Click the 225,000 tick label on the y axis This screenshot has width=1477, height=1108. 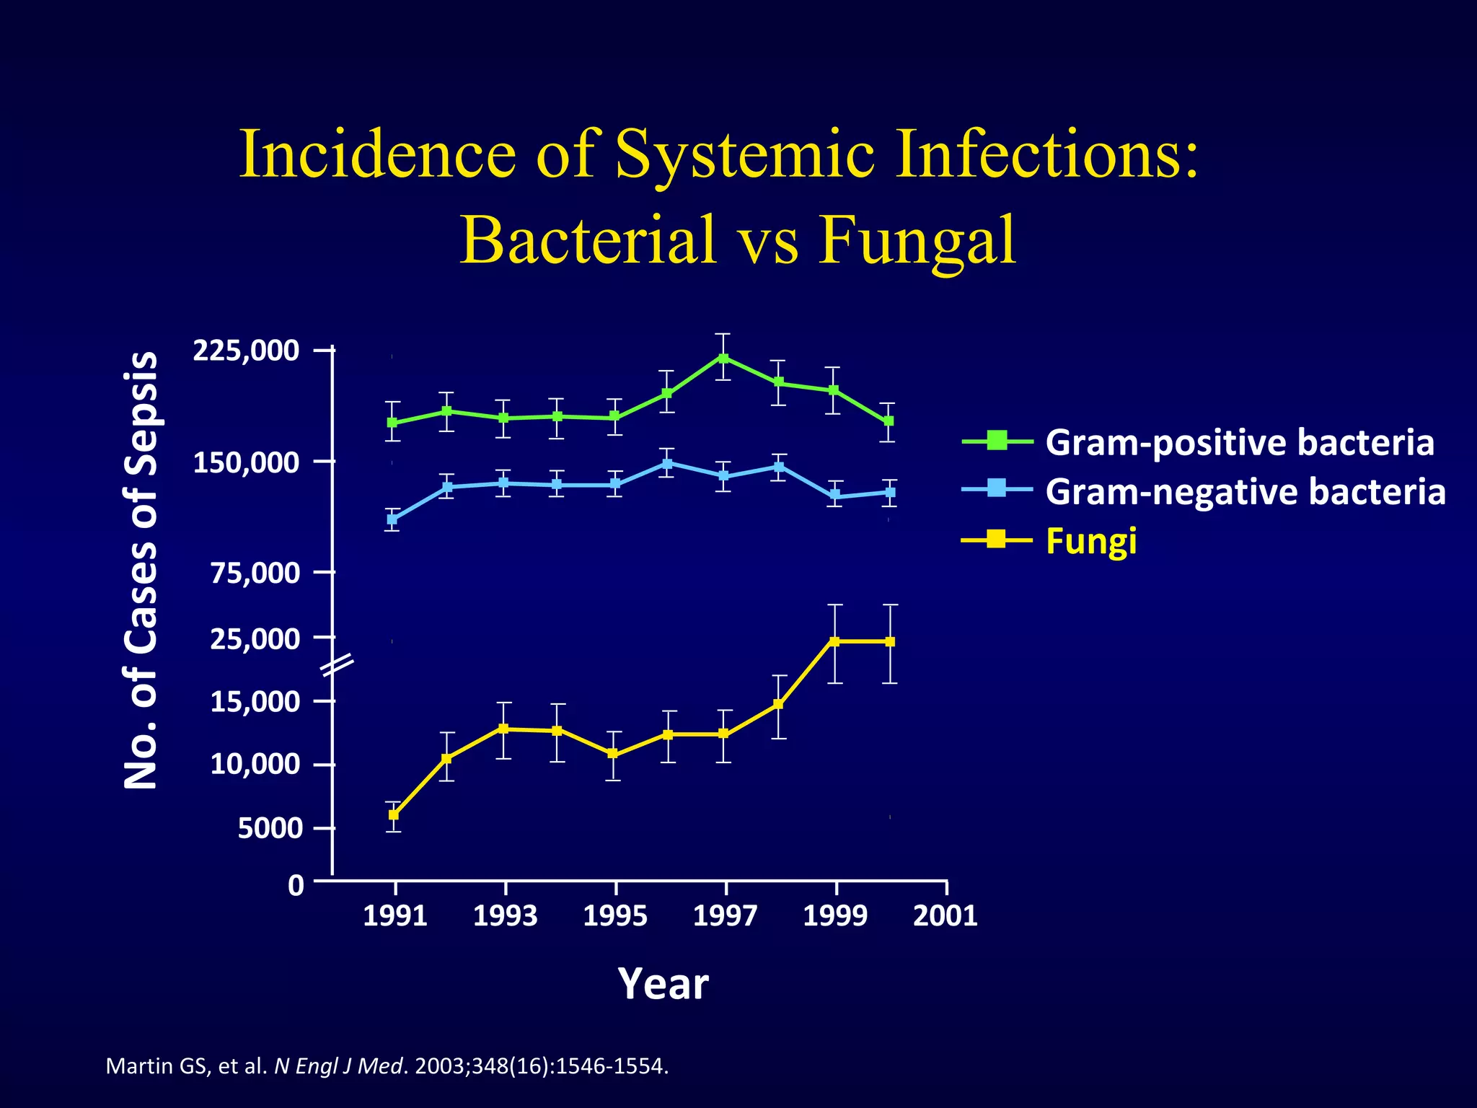tap(246, 351)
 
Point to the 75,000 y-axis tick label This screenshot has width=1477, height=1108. tap(255, 573)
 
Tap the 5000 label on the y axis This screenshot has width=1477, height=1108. tap(270, 828)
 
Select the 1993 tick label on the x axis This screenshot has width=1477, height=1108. tap(506, 916)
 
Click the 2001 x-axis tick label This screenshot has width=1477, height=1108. tap(945, 916)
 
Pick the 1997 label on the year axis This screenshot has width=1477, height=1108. tap(725, 916)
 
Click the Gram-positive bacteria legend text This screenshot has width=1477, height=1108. tap(1239, 442)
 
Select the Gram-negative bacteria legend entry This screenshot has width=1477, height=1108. tap(1245, 491)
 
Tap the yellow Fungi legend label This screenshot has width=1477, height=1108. tap(1091, 540)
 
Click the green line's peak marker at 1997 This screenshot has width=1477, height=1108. tap(723, 358)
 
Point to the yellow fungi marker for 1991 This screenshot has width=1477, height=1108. tap(394, 814)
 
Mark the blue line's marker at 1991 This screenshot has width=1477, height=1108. tap(392, 519)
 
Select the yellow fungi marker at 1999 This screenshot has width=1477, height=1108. tap(834, 641)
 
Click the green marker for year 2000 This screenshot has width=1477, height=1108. tap(889, 421)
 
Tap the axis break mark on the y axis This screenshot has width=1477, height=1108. tap(336, 665)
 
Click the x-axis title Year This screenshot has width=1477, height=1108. tap(663, 983)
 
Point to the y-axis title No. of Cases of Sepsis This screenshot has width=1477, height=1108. tap(140, 570)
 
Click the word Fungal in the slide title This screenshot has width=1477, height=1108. tap(917, 239)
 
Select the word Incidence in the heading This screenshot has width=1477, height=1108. tap(377, 154)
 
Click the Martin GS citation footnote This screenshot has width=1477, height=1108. tap(387, 1065)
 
